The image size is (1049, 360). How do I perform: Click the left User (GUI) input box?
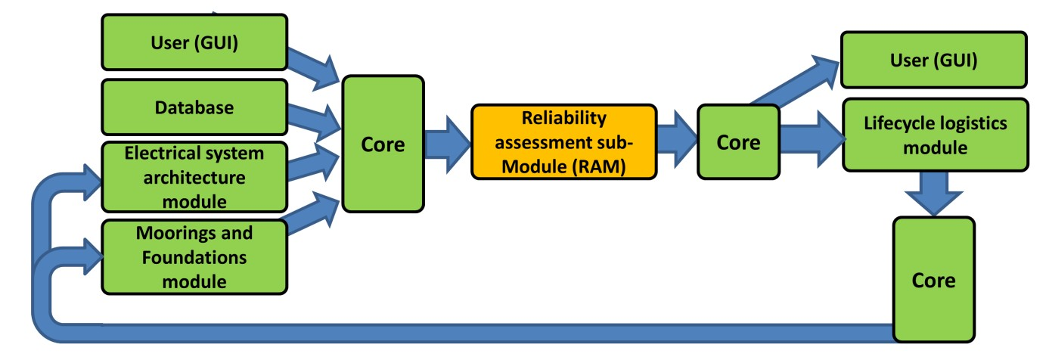[x=194, y=44]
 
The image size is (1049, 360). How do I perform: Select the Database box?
[x=194, y=107]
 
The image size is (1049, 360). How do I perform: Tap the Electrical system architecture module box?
[x=194, y=176]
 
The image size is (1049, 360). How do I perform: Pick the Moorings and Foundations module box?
[x=194, y=257]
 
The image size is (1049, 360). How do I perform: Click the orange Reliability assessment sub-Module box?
[x=563, y=142]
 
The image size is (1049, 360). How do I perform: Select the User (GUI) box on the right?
[x=933, y=60]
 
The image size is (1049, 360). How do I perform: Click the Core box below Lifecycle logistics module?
[x=933, y=280]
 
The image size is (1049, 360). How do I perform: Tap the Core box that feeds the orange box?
[x=383, y=143]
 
